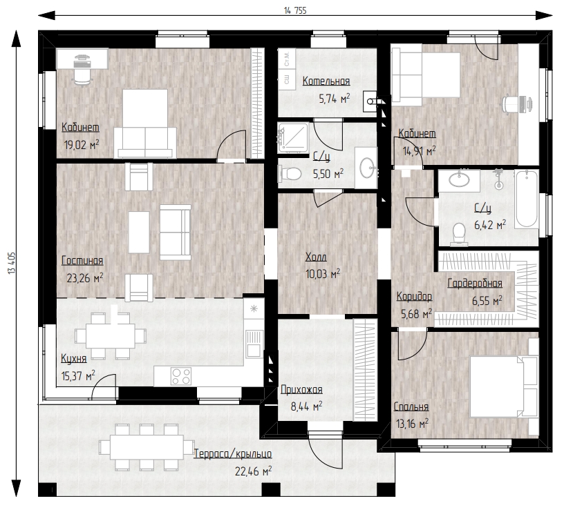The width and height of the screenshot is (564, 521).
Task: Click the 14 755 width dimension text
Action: coord(295,10)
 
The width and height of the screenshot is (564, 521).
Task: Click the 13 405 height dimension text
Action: coord(11,263)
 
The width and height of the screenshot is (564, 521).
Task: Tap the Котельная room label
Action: coord(326,81)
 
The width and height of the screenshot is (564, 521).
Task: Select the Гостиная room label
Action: coord(82,261)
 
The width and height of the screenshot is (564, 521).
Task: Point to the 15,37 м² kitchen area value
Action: coord(78,376)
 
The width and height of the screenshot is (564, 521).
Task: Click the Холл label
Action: coord(316,257)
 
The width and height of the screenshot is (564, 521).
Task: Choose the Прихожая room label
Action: coord(301,389)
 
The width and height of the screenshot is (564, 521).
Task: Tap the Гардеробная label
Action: coord(475,284)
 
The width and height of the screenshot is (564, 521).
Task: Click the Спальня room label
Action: coord(411,407)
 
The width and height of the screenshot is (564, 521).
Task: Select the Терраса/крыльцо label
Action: coord(233,454)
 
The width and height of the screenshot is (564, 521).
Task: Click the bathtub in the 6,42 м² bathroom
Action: coord(526,199)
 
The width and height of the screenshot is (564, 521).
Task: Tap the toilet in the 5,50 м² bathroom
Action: coord(289,174)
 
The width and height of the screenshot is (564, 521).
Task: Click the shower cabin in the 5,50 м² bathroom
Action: coord(293,137)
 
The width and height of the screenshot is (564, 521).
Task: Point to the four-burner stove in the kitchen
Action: coord(181,376)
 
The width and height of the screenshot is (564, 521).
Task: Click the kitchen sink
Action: coord(254,343)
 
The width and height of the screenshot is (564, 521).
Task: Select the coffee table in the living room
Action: coord(139,232)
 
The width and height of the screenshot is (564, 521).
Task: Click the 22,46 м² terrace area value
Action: coord(253,471)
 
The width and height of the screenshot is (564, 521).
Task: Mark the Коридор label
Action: coord(415,297)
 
